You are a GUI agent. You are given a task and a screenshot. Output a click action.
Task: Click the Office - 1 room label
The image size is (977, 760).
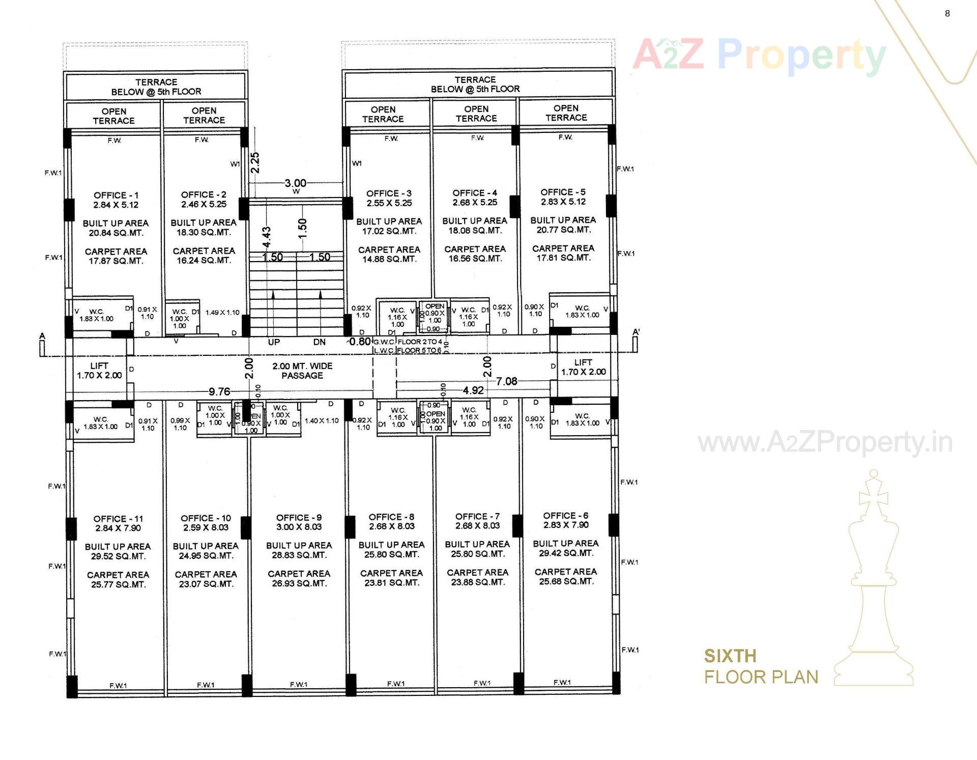click(x=116, y=195)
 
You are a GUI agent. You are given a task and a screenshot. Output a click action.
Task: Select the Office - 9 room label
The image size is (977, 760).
click(x=299, y=518)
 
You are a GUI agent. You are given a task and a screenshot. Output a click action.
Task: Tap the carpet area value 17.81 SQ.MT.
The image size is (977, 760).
click(x=563, y=258)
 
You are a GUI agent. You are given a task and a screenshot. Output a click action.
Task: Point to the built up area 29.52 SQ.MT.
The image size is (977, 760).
click(x=118, y=556)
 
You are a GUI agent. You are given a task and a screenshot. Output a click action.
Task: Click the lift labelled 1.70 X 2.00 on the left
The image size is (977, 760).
click(x=99, y=371)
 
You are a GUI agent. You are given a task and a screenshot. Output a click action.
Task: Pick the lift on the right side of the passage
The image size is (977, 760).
click(x=583, y=367)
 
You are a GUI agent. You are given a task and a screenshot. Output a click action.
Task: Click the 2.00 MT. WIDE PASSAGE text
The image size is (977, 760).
click(x=302, y=371)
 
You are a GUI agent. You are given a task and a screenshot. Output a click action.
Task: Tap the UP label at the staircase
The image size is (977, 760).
click(x=274, y=342)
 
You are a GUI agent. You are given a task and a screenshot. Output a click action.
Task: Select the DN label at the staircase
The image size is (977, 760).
click(x=319, y=342)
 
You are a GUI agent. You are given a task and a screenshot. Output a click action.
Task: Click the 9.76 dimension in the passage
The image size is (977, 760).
click(x=219, y=391)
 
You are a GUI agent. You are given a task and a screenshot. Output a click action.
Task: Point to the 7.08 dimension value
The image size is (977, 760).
click(x=506, y=381)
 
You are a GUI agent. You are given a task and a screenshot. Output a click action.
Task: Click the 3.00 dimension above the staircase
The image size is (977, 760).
click(x=295, y=183)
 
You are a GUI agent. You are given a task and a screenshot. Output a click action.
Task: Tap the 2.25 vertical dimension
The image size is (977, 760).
click(x=255, y=162)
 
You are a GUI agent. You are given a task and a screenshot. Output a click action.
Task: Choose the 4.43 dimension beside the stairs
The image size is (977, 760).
click(x=266, y=237)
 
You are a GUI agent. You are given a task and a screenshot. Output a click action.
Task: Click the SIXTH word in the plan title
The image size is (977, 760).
click(x=730, y=656)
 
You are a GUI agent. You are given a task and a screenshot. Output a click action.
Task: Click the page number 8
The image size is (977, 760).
click(x=947, y=14)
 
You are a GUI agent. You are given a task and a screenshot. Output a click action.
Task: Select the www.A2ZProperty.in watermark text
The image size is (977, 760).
click(x=825, y=443)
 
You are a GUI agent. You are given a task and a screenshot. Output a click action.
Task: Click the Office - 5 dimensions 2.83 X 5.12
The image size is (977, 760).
click(x=563, y=202)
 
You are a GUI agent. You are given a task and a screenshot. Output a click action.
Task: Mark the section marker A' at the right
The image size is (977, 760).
click(x=636, y=333)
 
